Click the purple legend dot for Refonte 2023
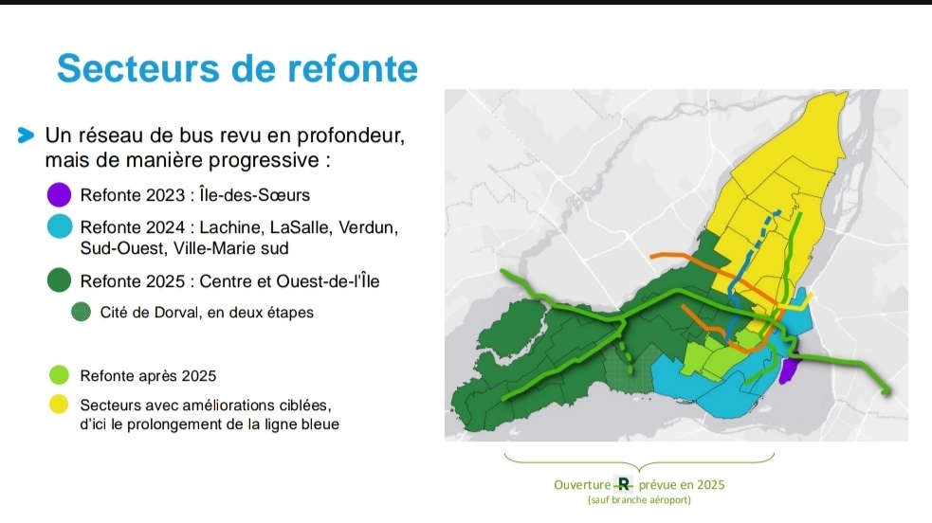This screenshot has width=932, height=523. click(x=59, y=195)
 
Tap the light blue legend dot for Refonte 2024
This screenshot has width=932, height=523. click(x=60, y=226)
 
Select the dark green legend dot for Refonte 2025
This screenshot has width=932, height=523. click(x=59, y=280)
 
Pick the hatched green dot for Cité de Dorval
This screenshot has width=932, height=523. click(x=81, y=312)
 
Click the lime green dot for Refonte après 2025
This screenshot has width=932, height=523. click(x=59, y=375)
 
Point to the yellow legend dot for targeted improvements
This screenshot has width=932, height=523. click(x=59, y=405)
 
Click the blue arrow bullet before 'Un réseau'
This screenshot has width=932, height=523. click(x=26, y=135)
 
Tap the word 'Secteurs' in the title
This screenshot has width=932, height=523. click(x=137, y=68)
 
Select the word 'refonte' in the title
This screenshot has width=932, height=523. click(x=353, y=68)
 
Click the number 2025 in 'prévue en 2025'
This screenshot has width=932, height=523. click(x=710, y=485)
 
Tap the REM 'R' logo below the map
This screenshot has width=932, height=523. click(x=623, y=484)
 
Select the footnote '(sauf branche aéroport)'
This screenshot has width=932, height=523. click(x=640, y=500)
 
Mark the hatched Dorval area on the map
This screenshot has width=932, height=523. click(x=627, y=368)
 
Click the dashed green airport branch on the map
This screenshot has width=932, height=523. click(x=626, y=354)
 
